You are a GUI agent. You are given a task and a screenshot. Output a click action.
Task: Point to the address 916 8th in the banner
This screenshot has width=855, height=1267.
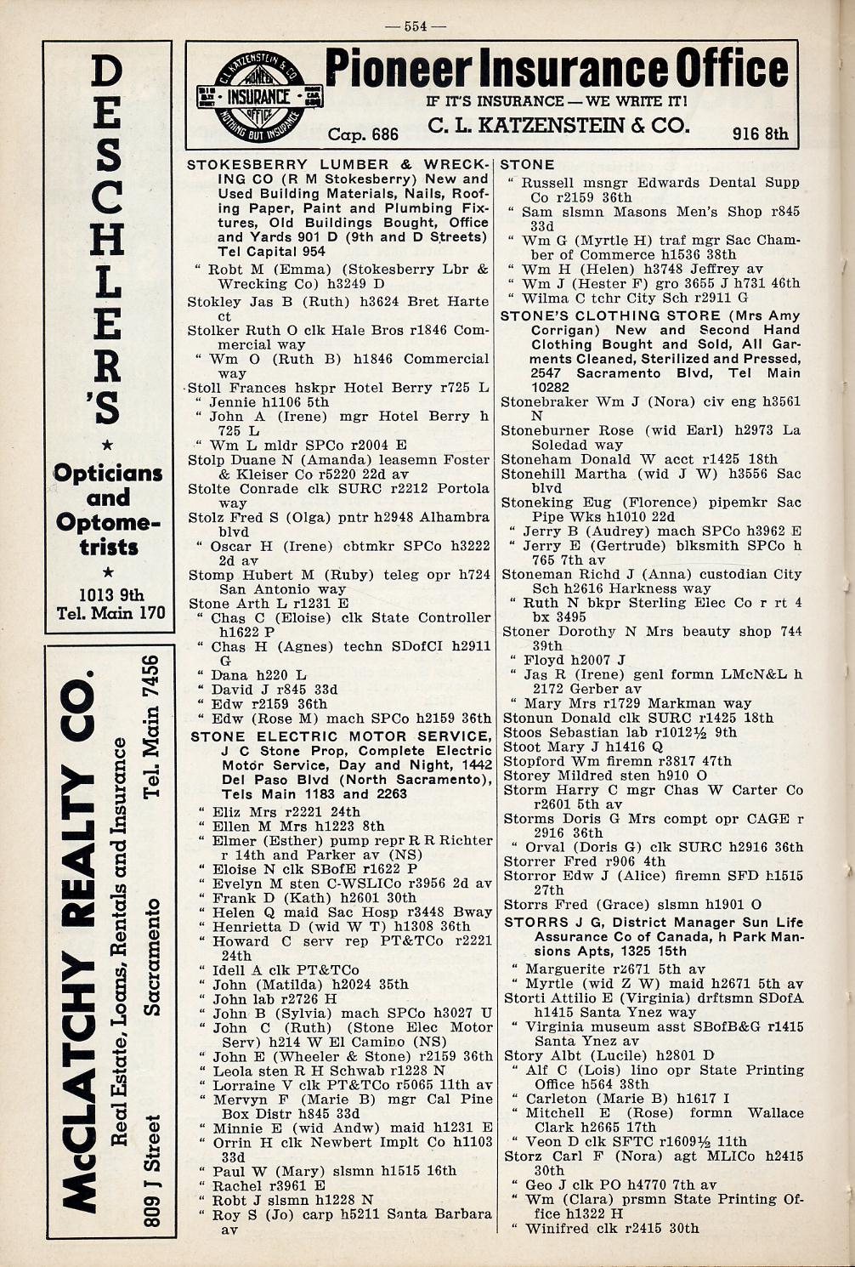[760, 133]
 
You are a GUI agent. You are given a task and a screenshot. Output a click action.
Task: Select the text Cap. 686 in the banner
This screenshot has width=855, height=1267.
[363, 134]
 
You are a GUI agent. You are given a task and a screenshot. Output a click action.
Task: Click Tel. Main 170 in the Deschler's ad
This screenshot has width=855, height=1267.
[110, 612]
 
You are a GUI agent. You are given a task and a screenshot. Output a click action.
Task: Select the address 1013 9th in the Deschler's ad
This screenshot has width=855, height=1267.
[110, 594]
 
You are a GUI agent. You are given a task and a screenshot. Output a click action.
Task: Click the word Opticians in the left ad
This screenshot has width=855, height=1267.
[108, 473]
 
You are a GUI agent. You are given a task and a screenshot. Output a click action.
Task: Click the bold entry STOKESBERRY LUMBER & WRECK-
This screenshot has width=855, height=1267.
[338, 164]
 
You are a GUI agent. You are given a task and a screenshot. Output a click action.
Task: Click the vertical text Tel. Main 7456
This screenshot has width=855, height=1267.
[152, 727]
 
